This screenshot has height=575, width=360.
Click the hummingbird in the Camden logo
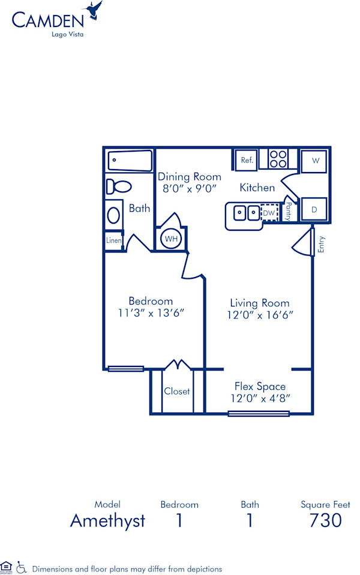tap(94, 10)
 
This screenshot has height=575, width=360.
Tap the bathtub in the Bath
tap(130, 161)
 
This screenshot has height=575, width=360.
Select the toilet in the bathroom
tap(119, 186)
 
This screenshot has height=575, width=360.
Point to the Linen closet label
tap(114, 240)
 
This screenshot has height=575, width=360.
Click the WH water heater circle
tap(172, 239)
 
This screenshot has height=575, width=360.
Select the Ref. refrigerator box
tap(247, 160)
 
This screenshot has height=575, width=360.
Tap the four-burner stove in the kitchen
tap(277, 159)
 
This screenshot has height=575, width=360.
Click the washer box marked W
tap(314, 161)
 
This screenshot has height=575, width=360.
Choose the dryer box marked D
tap(314, 210)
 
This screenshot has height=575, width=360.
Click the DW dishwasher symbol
tap(269, 212)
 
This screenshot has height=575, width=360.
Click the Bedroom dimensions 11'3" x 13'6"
tap(151, 312)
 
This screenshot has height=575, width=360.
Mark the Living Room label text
tap(260, 303)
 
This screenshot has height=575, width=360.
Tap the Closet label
tap(177, 391)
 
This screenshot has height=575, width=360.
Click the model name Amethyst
tap(107, 520)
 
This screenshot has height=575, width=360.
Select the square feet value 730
tap(325, 520)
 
